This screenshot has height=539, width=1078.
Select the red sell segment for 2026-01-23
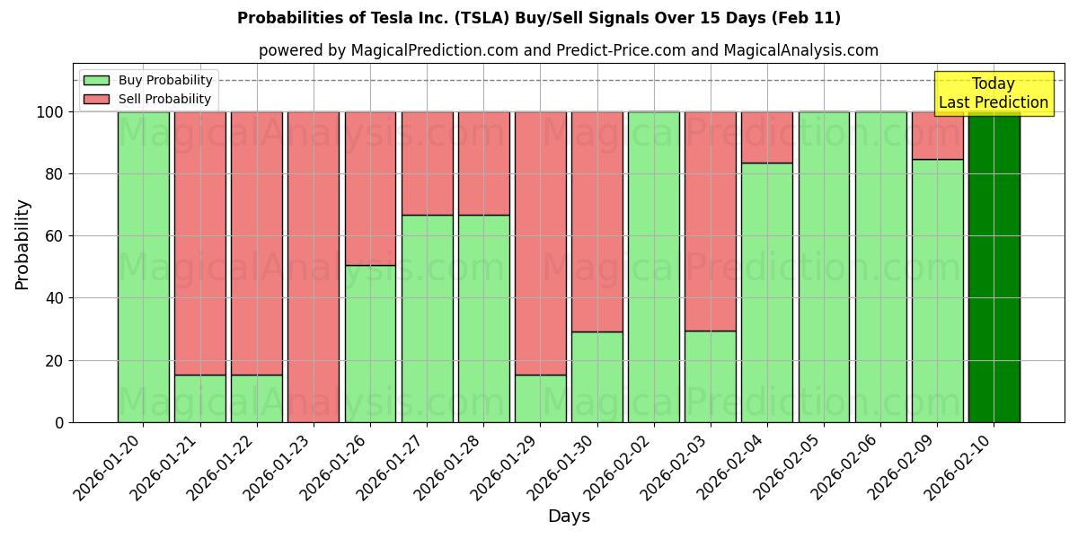click(x=314, y=267)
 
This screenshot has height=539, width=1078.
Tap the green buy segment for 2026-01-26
click(x=370, y=343)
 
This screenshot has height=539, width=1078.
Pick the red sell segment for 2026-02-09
click(x=937, y=136)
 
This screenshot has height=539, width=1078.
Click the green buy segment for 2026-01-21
click(x=199, y=398)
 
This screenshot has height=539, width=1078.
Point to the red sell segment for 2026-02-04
click(x=767, y=137)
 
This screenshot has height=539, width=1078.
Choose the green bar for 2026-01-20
click(x=143, y=267)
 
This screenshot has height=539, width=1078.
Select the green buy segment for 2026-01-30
click(x=596, y=376)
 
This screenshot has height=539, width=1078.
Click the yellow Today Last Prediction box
click(x=993, y=93)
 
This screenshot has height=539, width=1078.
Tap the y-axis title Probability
click(x=22, y=244)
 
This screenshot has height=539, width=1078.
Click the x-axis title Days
click(x=569, y=517)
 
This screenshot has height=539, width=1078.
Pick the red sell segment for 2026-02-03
click(x=710, y=221)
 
